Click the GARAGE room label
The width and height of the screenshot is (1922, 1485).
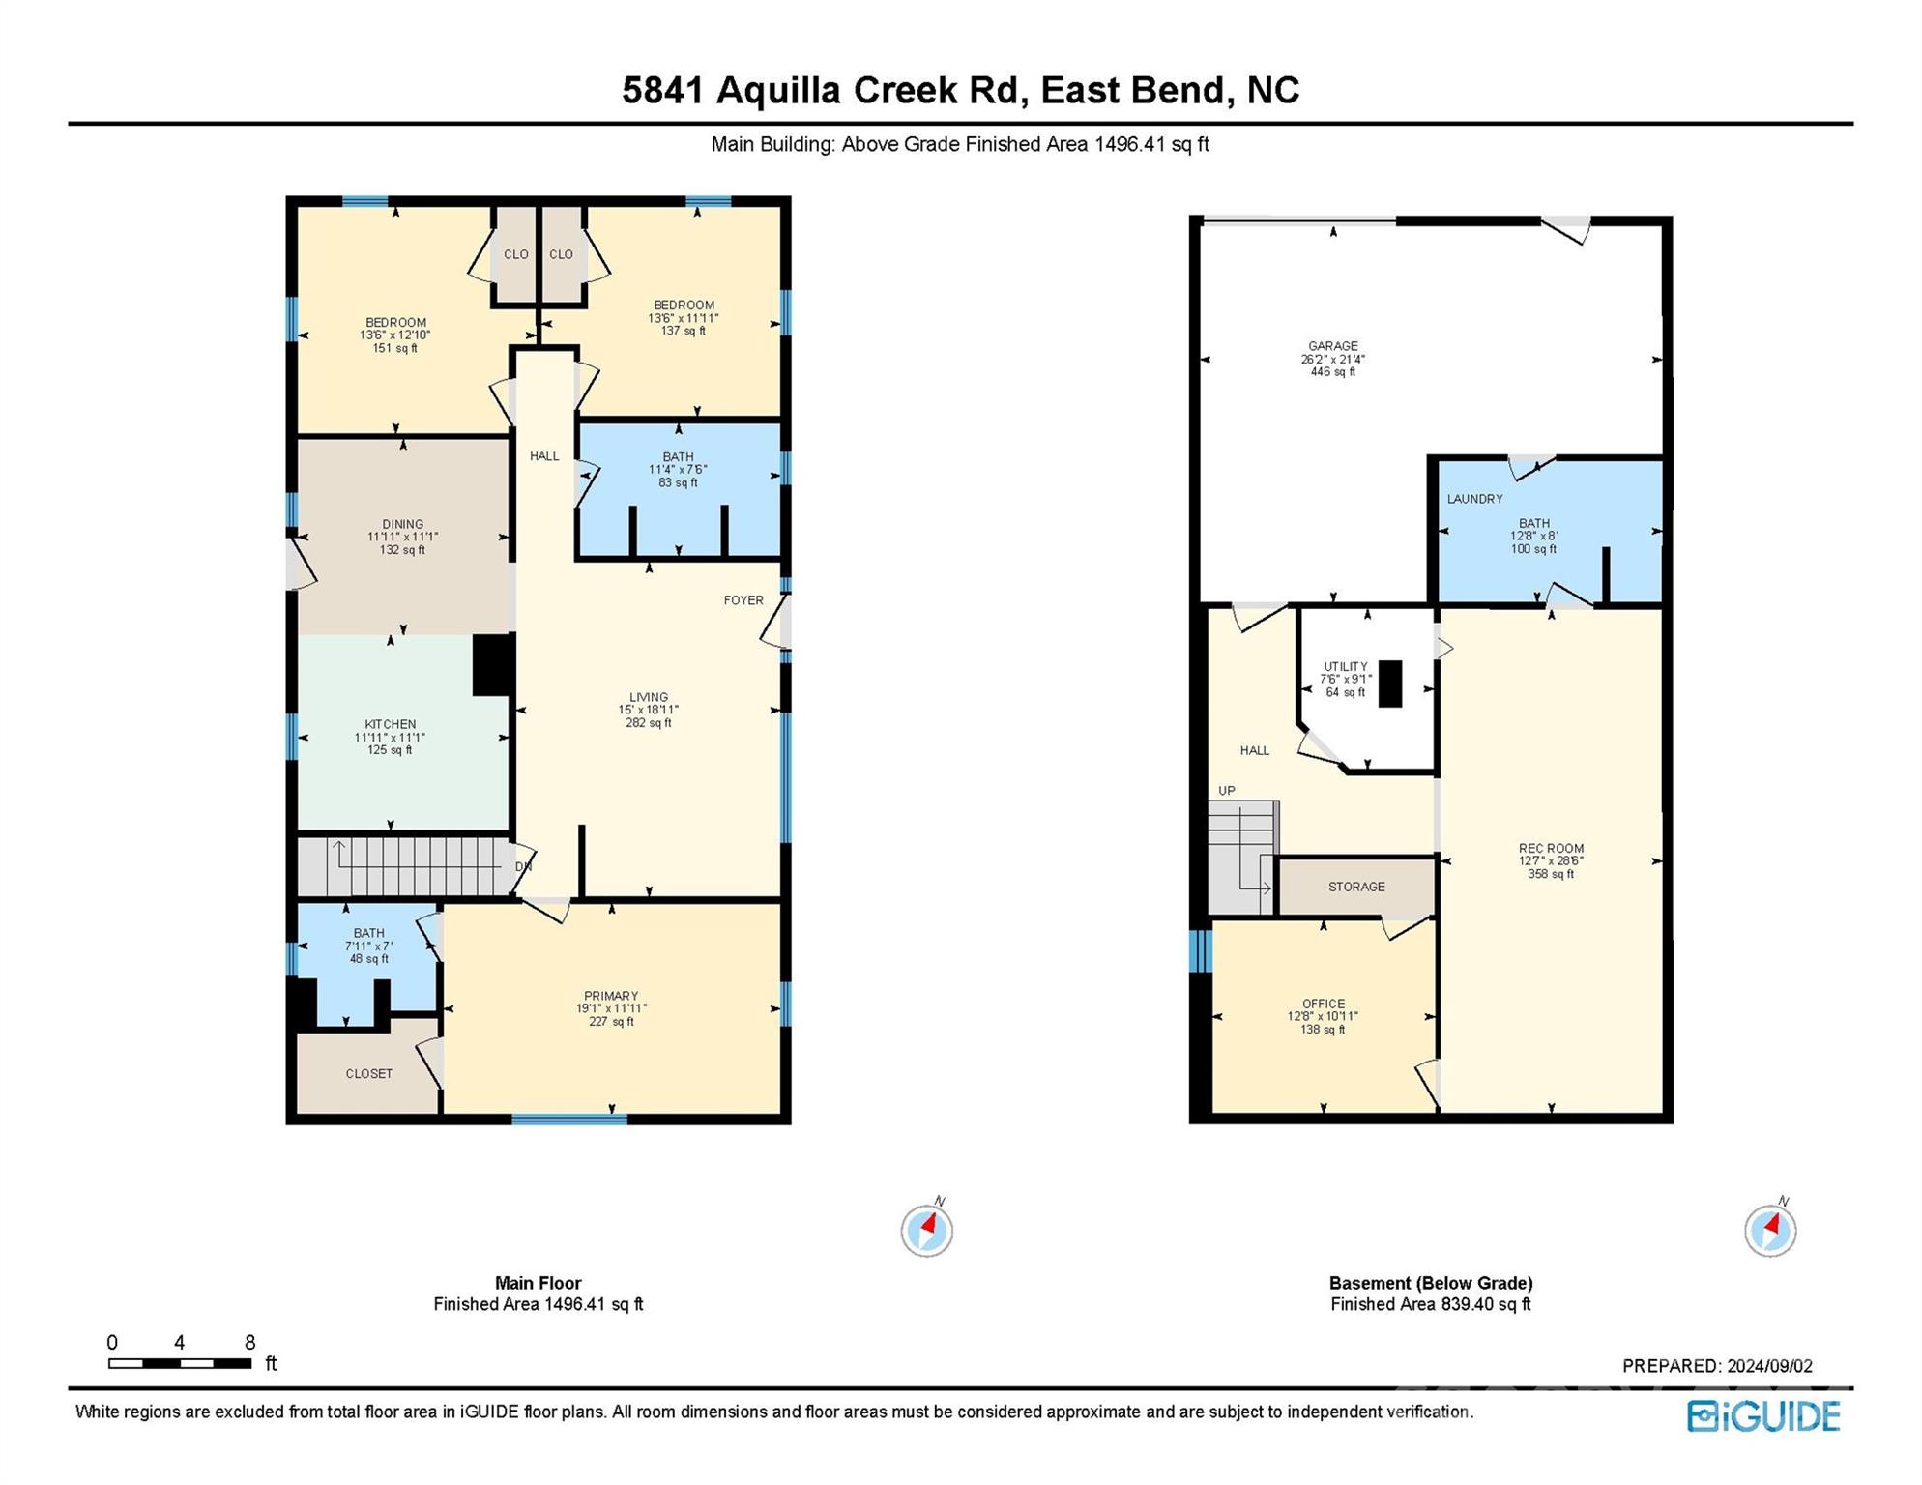click(1332, 345)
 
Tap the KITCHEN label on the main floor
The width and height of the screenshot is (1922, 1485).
click(390, 724)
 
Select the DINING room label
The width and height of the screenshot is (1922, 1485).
click(402, 524)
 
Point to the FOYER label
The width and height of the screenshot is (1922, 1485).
click(743, 600)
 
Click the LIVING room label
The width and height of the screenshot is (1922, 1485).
click(648, 697)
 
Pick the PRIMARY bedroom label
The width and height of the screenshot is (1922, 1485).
click(611, 996)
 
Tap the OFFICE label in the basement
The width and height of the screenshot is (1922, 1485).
click(1323, 1004)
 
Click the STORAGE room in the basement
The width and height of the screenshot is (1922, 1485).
click(1355, 887)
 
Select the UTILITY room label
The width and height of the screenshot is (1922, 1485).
click(1345, 666)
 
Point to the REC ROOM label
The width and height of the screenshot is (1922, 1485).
click(1551, 849)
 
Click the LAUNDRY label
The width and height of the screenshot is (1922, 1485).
click(1474, 499)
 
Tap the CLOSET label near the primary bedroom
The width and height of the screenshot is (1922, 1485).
click(369, 1073)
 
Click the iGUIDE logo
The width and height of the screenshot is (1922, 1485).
click(1763, 1416)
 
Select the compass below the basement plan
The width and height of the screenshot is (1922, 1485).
click(1770, 1230)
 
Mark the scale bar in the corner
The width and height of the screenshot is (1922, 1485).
click(180, 1363)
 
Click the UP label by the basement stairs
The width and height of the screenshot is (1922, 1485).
click(1226, 791)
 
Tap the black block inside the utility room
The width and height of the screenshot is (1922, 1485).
click(1389, 684)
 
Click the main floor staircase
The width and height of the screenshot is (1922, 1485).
click(405, 866)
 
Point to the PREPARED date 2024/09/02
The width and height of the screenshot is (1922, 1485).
click(1717, 1366)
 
